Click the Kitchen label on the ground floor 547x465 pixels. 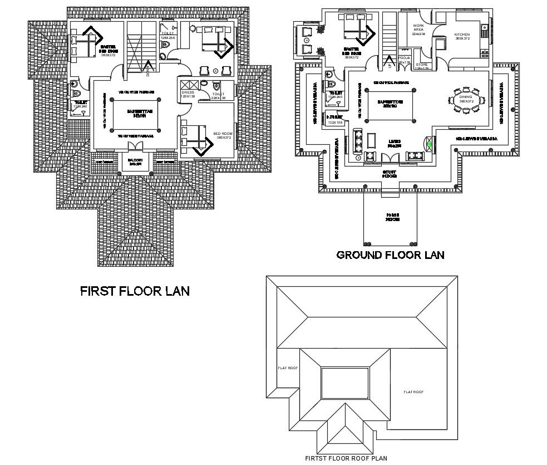[x=462, y=35]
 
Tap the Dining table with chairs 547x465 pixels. [x=466, y=100]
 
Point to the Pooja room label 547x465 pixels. [x=404, y=58]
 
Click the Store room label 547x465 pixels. [x=421, y=66]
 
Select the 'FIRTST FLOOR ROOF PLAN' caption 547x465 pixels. [x=346, y=458]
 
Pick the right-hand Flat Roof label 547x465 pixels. [x=413, y=391]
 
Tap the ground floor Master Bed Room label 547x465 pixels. [x=352, y=52]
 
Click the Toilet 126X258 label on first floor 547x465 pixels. [x=167, y=35]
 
